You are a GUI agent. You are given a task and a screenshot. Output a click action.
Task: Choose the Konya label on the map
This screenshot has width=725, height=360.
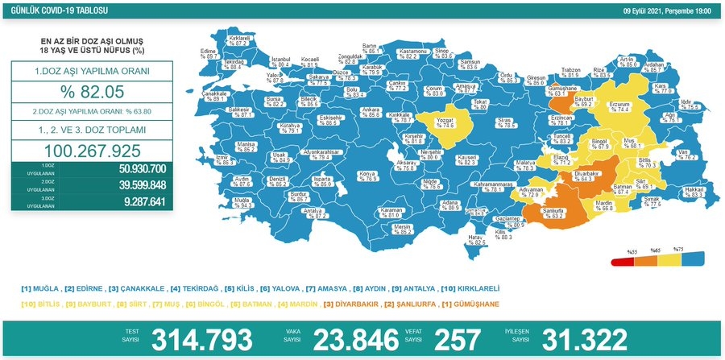[367, 176]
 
